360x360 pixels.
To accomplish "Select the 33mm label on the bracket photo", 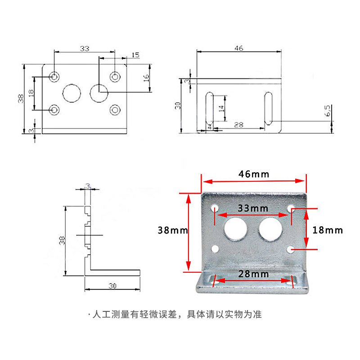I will [x=253, y=208].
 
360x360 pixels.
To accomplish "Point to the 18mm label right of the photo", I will [x=328, y=230].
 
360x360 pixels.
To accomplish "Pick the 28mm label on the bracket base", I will [x=253, y=274].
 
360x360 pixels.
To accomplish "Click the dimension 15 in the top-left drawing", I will [x=135, y=55].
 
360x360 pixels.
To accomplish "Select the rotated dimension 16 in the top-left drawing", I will [x=145, y=77].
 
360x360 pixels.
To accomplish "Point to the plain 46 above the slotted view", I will [x=238, y=48].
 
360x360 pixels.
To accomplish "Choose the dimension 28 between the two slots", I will [x=238, y=125].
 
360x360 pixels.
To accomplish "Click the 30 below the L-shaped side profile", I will [x=112, y=285].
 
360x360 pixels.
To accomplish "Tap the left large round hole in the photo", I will [x=235, y=228].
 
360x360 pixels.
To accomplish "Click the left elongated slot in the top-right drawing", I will [x=209, y=108].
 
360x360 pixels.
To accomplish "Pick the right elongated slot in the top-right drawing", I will [x=268, y=108].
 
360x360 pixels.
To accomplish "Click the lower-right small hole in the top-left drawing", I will [x=115, y=110].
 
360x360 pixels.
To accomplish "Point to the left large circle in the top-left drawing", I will [x=72, y=93].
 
